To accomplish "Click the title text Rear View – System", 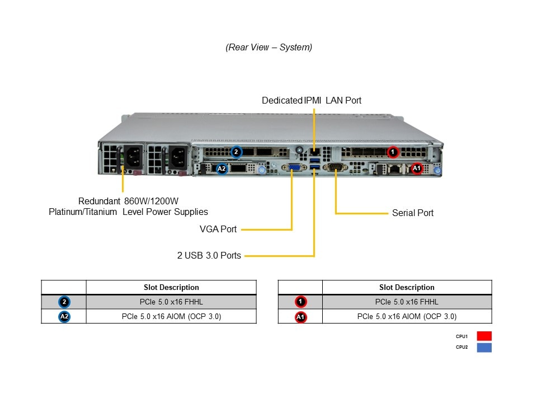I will coord(269,47).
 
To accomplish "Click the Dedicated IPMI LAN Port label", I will coord(312,100).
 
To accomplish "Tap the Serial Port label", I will coord(412,213).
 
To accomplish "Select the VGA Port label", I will coord(218,229).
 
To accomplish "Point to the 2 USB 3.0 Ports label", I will coord(209,255).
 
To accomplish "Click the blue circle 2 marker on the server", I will coord(236,151).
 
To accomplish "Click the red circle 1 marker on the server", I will coord(393,151).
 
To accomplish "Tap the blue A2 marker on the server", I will coord(222,168).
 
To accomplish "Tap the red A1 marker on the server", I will coord(416,168).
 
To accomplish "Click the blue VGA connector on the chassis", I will coord(293,167).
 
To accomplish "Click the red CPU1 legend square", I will coord(484,336).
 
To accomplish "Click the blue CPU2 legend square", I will coord(484,347).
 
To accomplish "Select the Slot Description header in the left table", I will coord(171,287).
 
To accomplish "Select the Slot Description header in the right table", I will coord(407,287).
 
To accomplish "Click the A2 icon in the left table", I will coord(64,317).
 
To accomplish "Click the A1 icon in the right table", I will coord(300,317).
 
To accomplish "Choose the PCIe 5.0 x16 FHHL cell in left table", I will coord(171,302).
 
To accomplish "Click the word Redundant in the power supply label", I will coord(99,201).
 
